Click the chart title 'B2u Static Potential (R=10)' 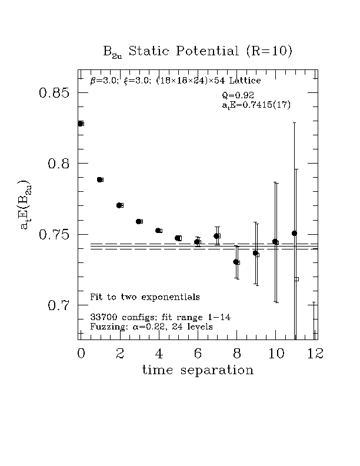198,52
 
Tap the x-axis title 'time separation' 198,370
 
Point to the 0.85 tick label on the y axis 54,94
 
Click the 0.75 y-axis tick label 54,235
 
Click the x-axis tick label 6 198,353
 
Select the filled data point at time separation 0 81,124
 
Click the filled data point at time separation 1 99,179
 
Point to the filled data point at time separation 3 138,221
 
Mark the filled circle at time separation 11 294,234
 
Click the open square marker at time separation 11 296,279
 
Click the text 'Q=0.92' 238,95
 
